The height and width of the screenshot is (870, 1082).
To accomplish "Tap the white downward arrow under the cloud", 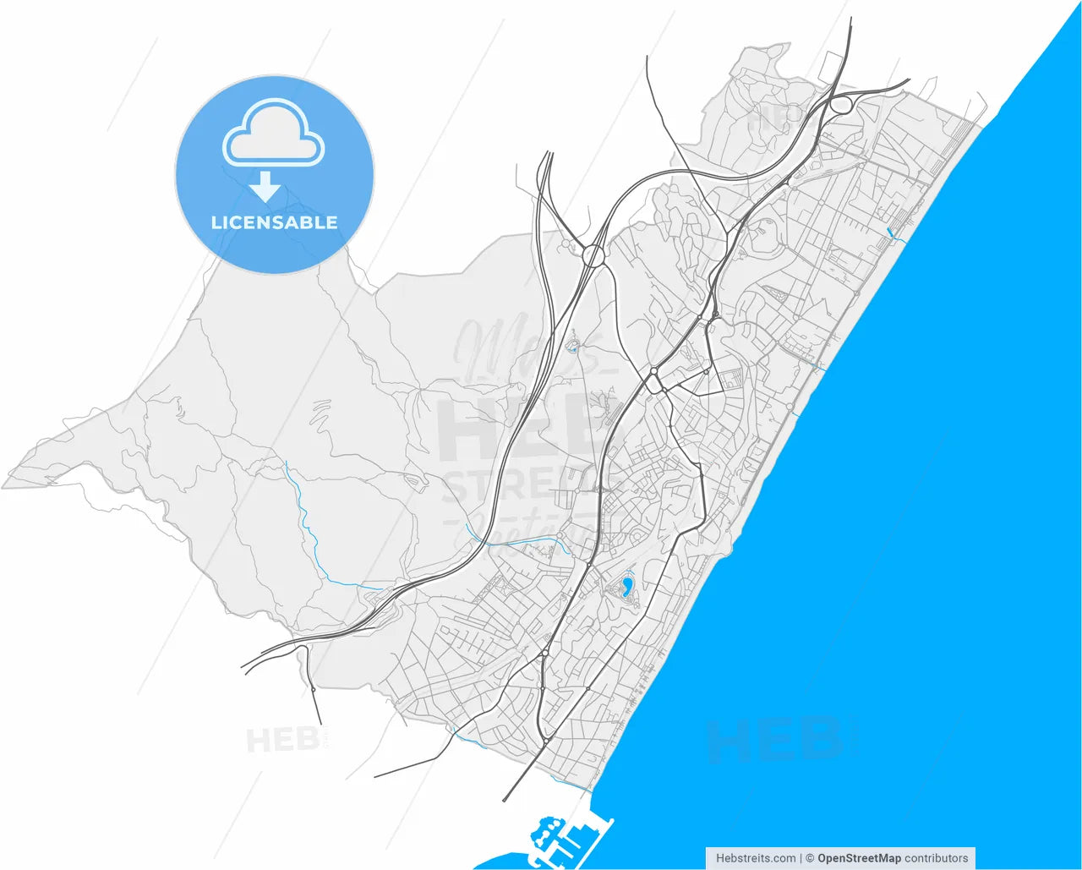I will [266, 186].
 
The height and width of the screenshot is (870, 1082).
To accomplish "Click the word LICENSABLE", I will [274, 223].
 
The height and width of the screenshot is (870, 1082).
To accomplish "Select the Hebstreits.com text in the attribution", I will [755, 858].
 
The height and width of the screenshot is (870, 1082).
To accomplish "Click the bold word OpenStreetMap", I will [859, 858].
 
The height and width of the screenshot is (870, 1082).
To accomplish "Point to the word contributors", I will [937, 858].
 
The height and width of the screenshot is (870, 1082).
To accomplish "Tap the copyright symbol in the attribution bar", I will [809, 858].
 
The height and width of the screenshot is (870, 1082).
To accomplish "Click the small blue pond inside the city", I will [627, 587].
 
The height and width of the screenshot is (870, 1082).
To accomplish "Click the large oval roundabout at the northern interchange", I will [841, 106].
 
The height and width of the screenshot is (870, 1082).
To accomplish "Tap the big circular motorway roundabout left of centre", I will [593, 254].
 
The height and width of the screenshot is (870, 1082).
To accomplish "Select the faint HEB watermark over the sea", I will [773, 738].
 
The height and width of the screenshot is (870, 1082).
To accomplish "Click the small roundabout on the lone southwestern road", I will [313, 691].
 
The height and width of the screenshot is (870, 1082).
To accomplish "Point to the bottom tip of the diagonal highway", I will [505, 799].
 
